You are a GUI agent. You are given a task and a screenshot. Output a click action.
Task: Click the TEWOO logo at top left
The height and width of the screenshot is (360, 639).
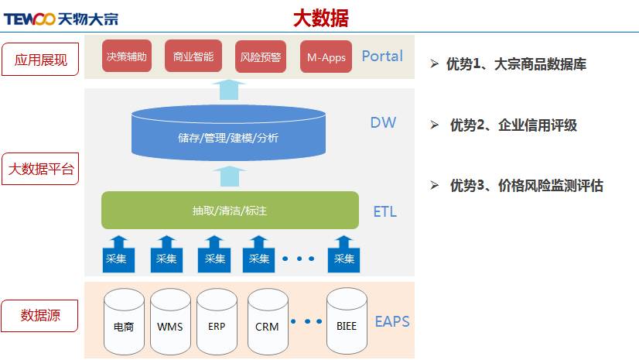tap(60, 19)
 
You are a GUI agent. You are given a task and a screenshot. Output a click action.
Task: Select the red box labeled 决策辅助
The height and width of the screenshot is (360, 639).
tap(125, 57)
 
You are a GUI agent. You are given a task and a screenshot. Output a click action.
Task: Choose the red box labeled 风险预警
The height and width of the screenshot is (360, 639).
tap(261, 57)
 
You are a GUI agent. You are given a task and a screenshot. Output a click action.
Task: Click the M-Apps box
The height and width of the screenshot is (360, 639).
tap(326, 57)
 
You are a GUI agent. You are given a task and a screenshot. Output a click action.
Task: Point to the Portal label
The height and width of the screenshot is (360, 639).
tap(382, 56)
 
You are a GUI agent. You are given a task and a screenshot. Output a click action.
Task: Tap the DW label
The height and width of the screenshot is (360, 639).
tap(383, 122)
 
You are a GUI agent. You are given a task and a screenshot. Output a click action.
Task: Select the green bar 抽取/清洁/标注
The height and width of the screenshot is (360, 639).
tap(230, 210)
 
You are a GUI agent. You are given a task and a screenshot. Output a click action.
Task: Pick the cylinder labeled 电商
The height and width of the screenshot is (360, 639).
tap(124, 322)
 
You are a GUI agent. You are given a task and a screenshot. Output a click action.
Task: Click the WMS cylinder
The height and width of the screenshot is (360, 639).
tap(170, 322)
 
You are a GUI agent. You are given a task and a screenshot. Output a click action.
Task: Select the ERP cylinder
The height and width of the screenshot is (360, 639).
tap(217, 322)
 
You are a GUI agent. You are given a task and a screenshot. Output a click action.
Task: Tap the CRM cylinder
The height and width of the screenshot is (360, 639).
tap(267, 322)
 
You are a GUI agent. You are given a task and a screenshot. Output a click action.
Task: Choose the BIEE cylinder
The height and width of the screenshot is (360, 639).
tap(347, 322)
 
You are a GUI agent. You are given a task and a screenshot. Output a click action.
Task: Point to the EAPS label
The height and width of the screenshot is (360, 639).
tap(392, 321)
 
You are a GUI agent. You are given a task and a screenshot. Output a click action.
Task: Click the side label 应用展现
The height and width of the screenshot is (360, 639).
tap(40, 59)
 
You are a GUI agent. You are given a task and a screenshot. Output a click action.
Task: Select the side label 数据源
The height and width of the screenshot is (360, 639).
tap(40, 316)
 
